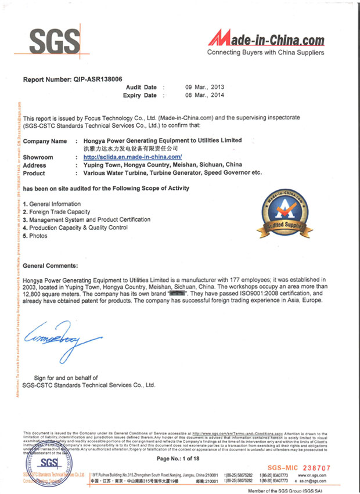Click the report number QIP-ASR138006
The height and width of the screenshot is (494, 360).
click(73, 78)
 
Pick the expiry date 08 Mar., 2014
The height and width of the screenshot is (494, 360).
click(204, 95)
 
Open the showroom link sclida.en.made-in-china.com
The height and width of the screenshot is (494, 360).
click(132, 157)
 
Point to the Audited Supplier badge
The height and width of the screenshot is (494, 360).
click(284, 212)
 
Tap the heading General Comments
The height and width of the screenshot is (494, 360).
click(50, 265)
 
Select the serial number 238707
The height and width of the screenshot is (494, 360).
click(315, 467)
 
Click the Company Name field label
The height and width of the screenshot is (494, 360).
click(45, 141)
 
